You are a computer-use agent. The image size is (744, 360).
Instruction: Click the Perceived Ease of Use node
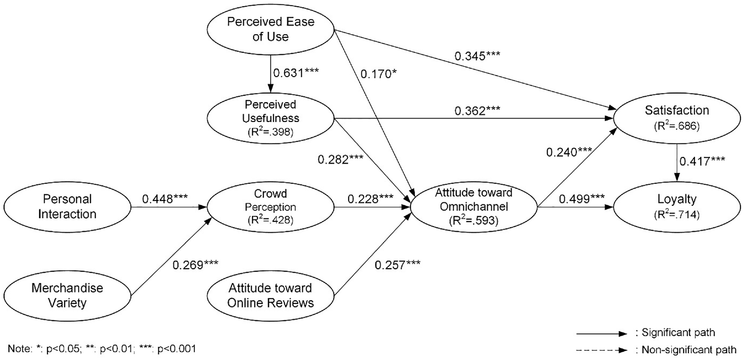(270, 29)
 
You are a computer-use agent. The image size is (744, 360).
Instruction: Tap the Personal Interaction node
(67, 207)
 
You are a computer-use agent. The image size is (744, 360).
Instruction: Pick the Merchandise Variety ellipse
(67, 295)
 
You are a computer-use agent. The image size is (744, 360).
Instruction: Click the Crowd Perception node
(270, 207)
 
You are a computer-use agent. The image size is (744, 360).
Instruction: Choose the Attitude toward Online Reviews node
(270, 295)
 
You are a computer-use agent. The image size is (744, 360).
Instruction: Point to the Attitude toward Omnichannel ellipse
(474, 207)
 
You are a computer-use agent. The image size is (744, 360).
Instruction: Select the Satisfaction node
(677, 117)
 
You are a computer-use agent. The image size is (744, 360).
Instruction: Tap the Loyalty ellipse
(677, 207)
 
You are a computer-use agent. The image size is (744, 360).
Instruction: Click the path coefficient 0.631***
(296, 73)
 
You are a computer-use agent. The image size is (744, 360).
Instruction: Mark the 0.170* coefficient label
(378, 74)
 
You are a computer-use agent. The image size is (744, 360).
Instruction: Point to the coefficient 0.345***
(477, 55)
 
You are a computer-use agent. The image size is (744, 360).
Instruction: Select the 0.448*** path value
(165, 199)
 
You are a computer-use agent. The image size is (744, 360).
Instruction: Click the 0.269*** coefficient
(195, 265)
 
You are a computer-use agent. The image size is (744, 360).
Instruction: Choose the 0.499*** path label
(582, 199)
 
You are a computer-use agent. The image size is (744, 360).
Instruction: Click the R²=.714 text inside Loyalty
(677, 215)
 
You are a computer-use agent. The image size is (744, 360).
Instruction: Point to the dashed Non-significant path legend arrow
(602, 351)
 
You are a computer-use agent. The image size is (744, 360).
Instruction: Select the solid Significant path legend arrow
(602, 334)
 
